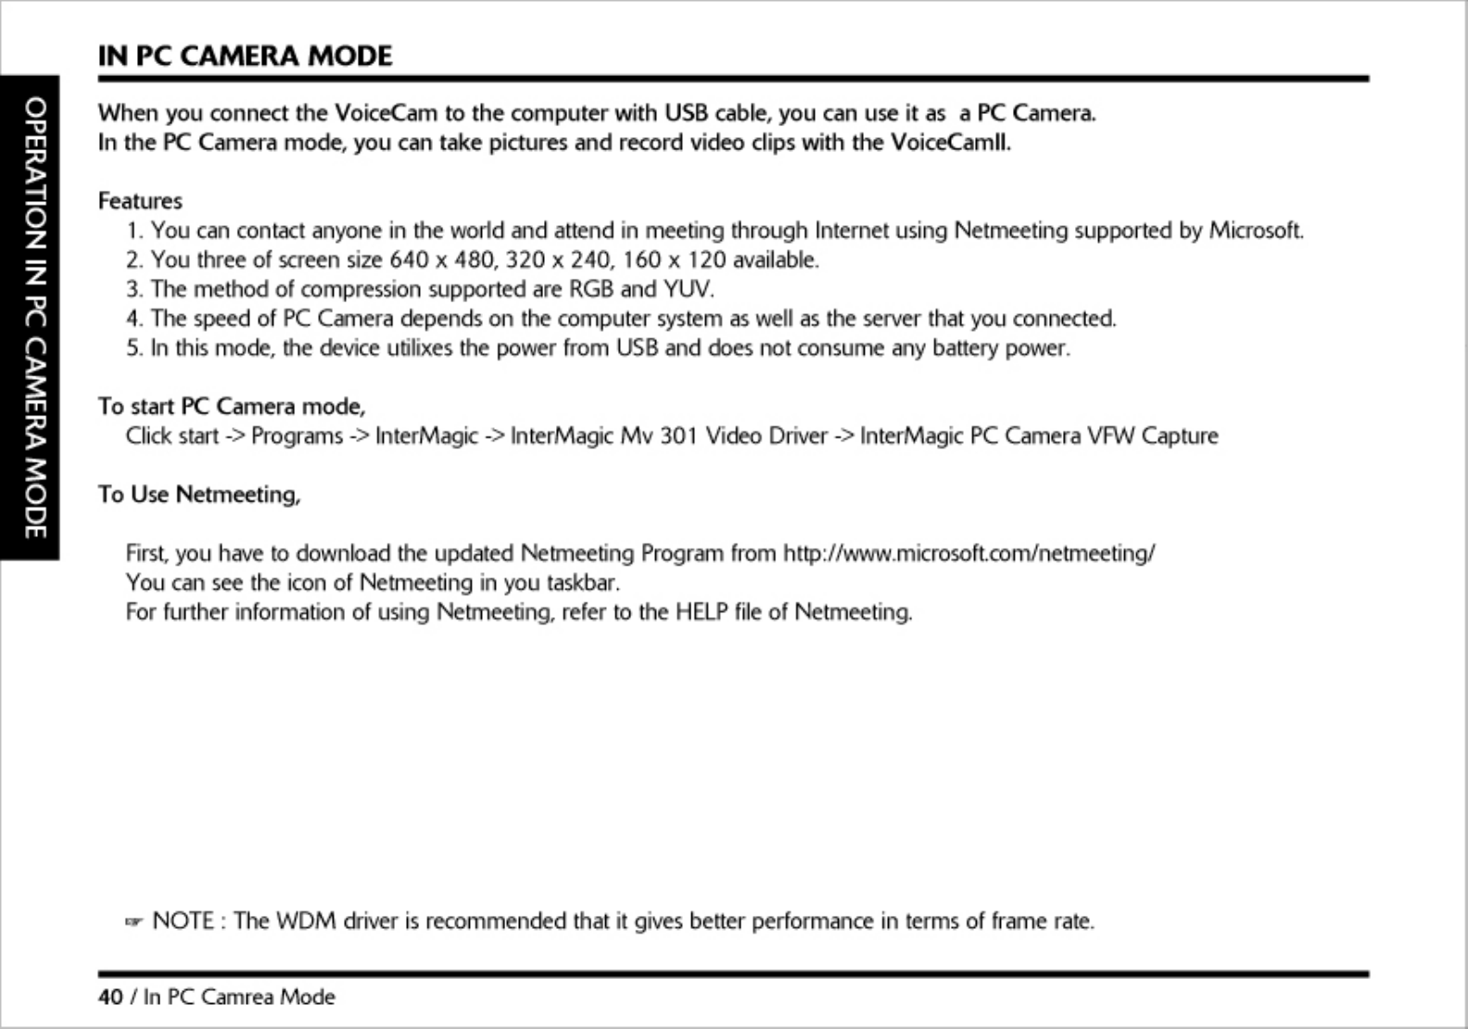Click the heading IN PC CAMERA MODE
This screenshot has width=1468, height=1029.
coord(246,56)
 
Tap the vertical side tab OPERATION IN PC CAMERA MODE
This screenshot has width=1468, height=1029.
coord(34,318)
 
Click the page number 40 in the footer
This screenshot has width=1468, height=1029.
coord(110,997)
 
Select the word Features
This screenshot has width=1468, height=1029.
coord(140,201)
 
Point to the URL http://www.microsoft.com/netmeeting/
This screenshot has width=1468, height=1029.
coord(968,553)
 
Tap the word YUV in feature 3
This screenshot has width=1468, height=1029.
coord(688,289)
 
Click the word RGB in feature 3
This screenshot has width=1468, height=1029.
coord(590,289)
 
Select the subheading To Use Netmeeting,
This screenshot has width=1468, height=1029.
coord(199,494)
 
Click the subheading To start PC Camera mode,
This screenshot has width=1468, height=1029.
coord(232,406)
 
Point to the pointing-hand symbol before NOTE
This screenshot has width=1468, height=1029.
coord(133,921)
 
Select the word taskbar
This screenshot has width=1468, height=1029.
coord(582,583)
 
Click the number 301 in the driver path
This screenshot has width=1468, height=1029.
coord(677,436)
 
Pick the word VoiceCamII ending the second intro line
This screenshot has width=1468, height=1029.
coord(951,143)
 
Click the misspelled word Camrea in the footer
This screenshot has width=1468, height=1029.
coord(236,997)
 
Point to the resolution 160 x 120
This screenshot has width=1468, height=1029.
coord(675,260)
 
